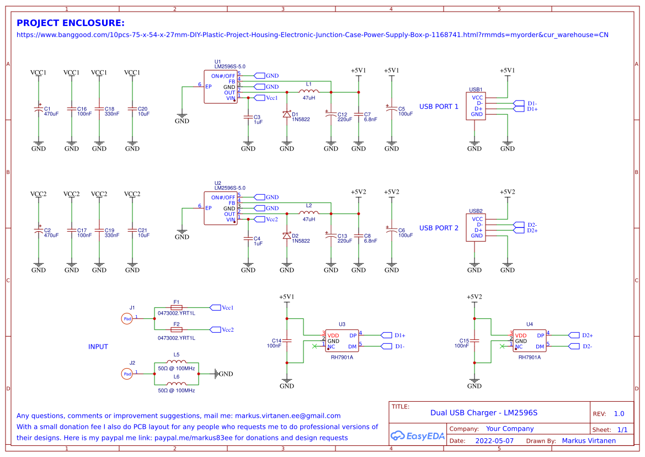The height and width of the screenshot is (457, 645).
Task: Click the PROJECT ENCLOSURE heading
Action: point(71,23)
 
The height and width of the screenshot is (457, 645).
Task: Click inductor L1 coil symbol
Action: point(308,92)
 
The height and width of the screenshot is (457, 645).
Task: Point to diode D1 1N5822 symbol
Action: point(287,114)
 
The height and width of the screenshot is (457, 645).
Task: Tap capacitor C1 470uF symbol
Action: point(39,109)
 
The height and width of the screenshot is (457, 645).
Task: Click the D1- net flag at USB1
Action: point(519,103)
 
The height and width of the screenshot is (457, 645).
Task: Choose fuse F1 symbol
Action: point(177,307)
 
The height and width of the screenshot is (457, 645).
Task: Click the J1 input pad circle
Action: point(127,318)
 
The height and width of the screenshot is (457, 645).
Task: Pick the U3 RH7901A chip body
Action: point(342,341)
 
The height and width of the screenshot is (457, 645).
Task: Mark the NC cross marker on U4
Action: point(502,347)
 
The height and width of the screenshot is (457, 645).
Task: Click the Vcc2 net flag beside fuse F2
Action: point(216,330)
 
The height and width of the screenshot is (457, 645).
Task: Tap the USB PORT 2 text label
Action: point(439,228)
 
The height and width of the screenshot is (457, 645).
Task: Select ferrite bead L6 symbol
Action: point(177,384)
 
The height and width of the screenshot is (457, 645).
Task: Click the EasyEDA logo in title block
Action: point(418,436)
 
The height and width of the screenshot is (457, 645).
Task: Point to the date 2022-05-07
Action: point(494,441)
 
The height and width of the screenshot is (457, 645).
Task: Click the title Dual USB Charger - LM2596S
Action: point(483,412)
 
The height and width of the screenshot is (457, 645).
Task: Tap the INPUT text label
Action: point(98,347)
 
